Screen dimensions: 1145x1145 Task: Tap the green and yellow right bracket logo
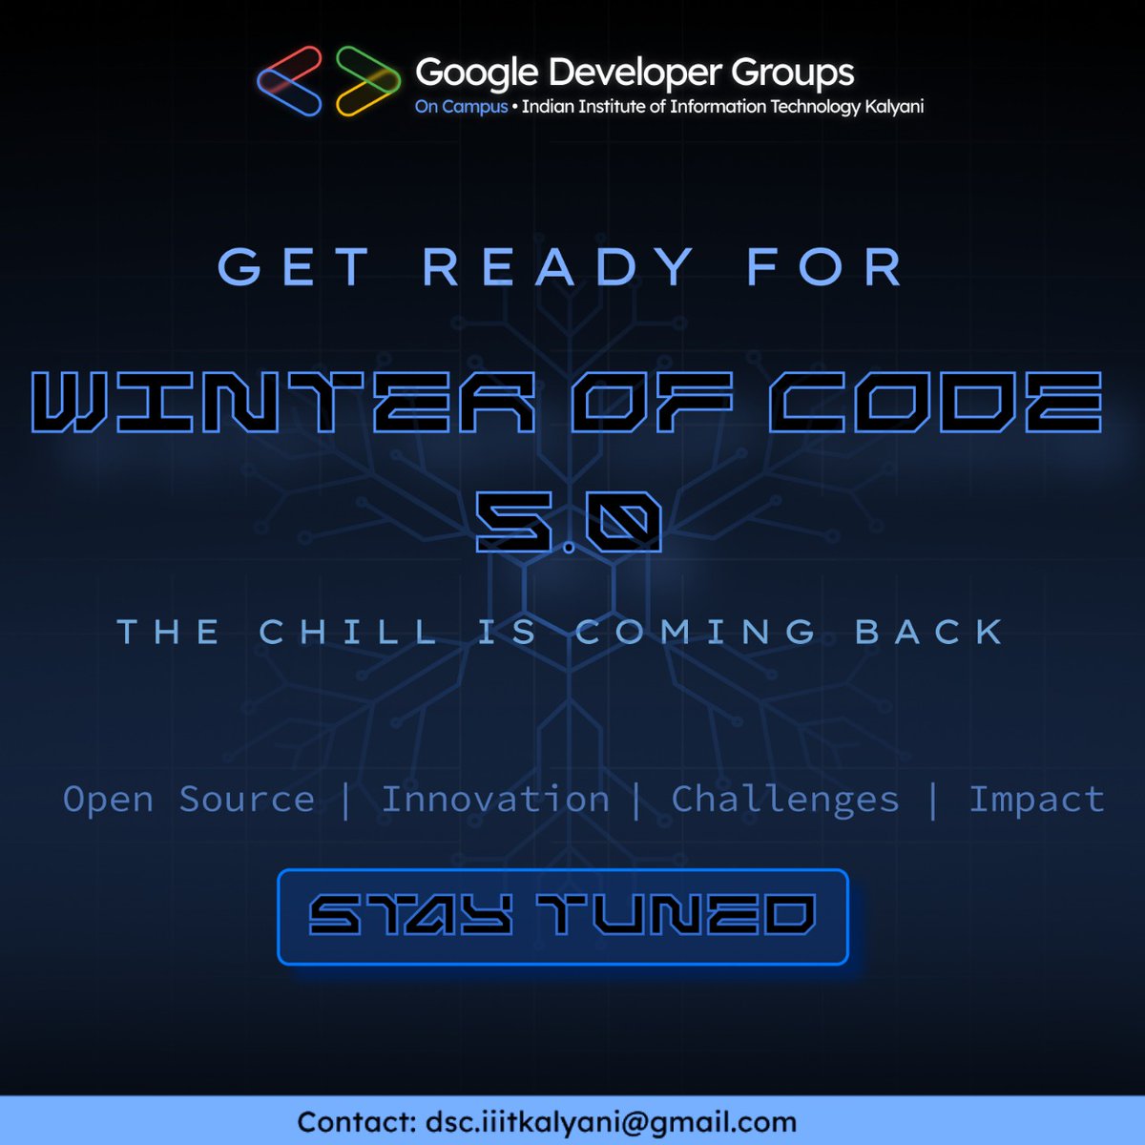click(367, 81)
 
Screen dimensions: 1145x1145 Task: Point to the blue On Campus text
click(461, 107)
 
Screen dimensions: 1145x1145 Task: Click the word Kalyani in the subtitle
click(894, 107)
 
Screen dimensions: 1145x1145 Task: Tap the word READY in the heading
click(558, 266)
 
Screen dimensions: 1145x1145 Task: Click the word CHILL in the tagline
click(349, 632)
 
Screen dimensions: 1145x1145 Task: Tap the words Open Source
click(189, 799)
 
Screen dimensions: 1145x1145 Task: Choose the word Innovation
click(495, 799)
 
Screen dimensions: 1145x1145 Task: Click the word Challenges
click(785, 800)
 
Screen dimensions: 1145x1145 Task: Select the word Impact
click(1036, 799)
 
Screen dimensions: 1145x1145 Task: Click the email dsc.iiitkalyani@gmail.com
click(611, 1121)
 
